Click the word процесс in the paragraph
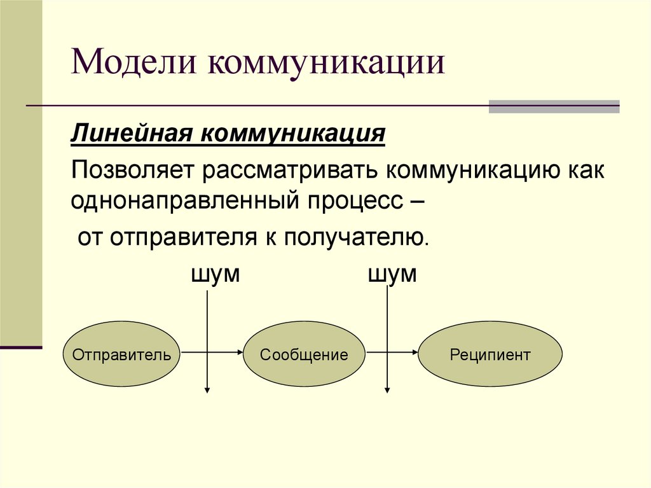click(355, 201)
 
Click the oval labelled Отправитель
click(121, 354)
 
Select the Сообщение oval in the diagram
click(304, 354)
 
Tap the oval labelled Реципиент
click(490, 354)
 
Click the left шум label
click(215, 275)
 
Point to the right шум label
click(392, 275)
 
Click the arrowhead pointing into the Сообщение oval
click(239, 352)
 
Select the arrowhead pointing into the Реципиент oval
click(415, 352)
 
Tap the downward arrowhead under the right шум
click(387, 389)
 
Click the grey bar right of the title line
click(553, 107)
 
